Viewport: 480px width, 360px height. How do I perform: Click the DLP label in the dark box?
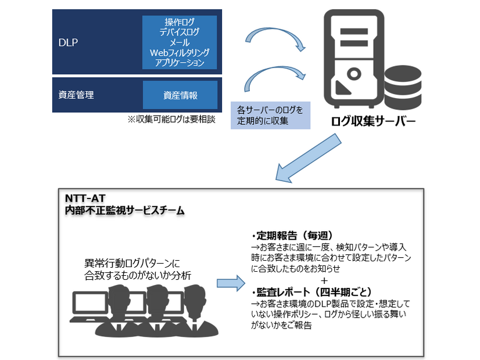(x=68, y=42)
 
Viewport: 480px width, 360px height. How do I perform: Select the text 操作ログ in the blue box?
(x=180, y=23)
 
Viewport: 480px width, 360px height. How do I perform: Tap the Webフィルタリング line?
(x=180, y=52)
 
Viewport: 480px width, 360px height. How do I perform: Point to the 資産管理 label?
(x=76, y=95)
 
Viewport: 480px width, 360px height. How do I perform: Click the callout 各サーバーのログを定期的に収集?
(x=270, y=114)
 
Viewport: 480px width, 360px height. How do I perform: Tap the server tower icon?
(x=354, y=61)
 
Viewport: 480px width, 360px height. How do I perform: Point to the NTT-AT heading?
(x=84, y=199)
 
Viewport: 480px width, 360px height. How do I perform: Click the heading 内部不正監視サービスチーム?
(x=125, y=211)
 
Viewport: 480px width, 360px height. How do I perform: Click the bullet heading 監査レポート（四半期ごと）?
(x=311, y=291)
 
